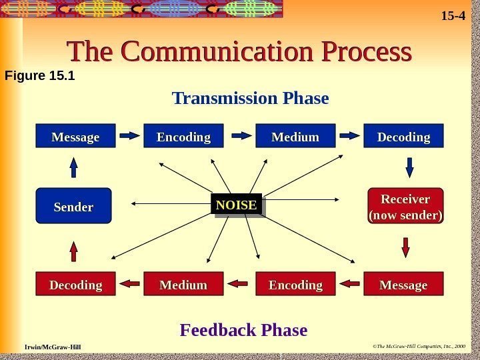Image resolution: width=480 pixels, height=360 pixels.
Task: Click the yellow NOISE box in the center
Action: [236, 205]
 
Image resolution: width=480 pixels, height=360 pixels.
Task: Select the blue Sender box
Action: [73, 207]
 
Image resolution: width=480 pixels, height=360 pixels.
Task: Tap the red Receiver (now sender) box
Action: [405, 207]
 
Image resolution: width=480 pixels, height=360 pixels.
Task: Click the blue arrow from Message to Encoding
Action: [130, 136]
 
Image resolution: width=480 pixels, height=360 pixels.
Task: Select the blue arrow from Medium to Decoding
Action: [349, 136]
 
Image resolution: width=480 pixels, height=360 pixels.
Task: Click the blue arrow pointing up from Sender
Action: [73, 167]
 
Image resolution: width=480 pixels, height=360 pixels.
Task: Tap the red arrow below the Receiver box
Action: [405, 247]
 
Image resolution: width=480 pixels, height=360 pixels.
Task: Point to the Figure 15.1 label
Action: [39, 75]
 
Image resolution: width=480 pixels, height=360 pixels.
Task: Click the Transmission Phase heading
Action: [251, 99]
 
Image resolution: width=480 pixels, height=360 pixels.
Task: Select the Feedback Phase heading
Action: [244, 330]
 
